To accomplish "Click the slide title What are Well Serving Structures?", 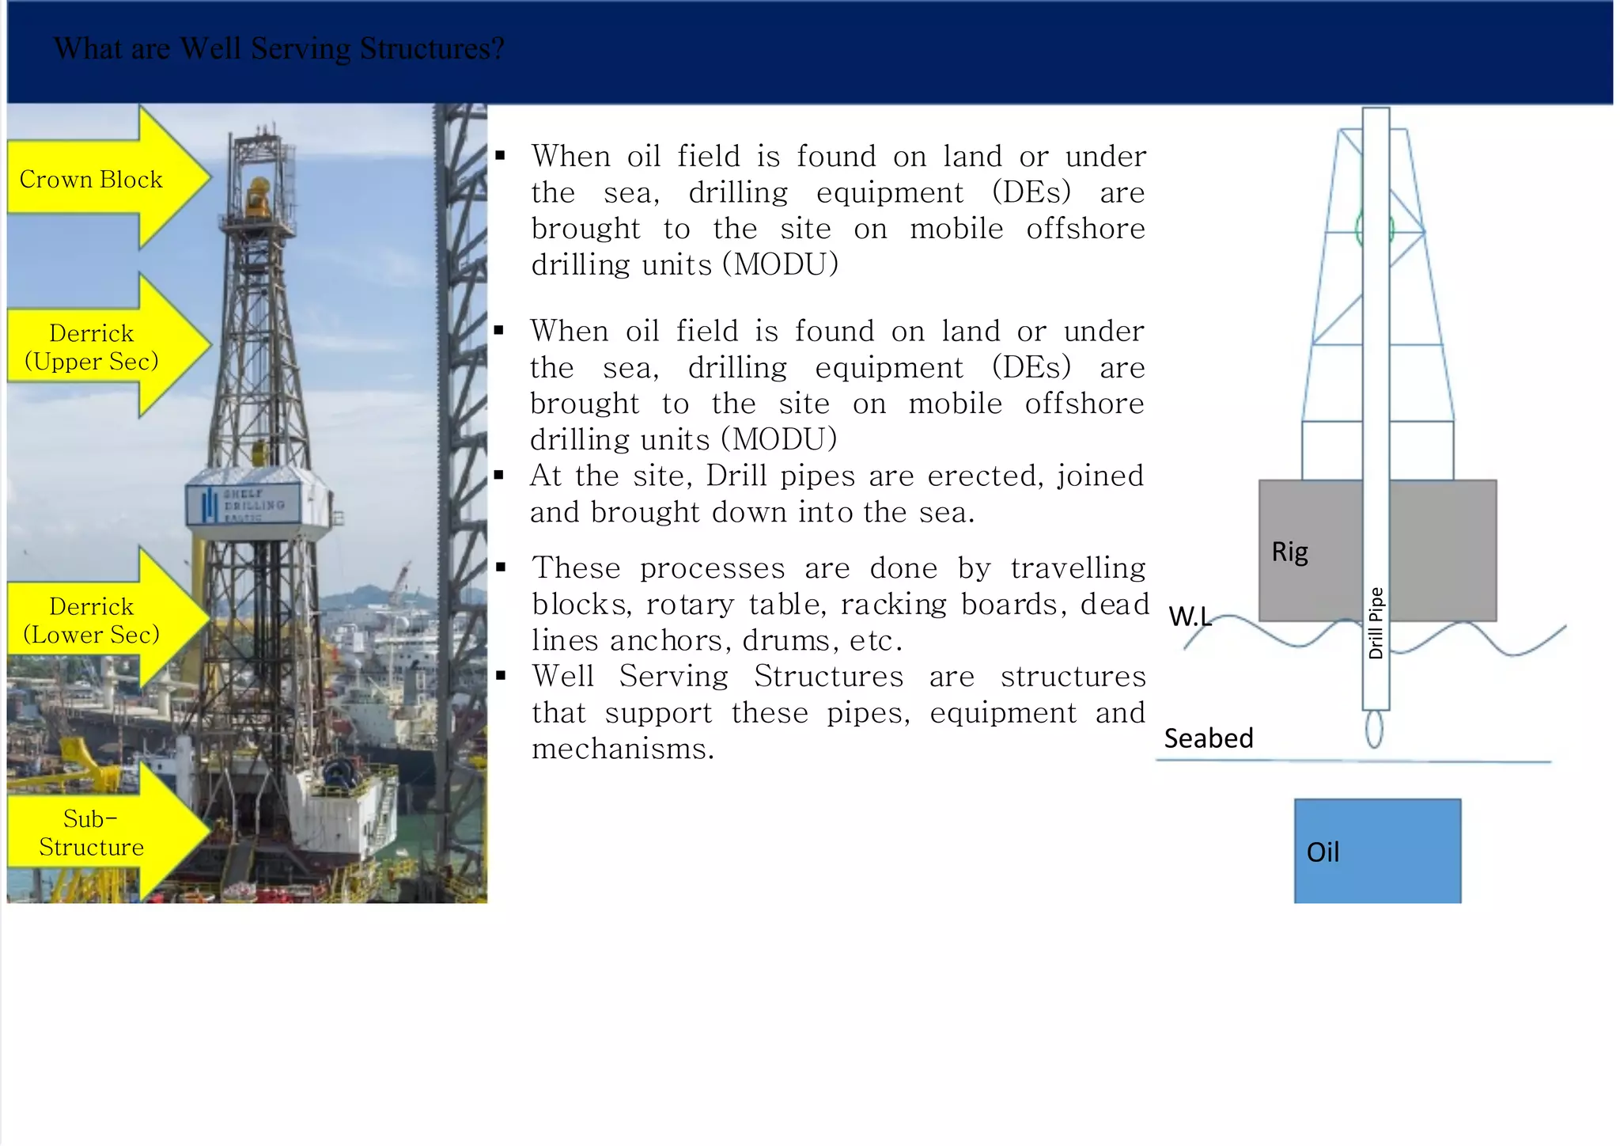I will pos(278,49).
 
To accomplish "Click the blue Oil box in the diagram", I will pos(1377,851).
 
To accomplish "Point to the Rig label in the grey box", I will pos(1289,551).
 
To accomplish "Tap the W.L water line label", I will pos(1189,616).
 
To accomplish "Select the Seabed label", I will pos(1208,738).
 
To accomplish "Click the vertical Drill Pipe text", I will pos(1376,623).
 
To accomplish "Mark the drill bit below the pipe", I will pos(1375,729).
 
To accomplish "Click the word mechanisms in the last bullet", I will pos(623,749).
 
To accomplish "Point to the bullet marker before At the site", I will pos(499,476).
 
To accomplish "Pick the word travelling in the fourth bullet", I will pos(1078,568).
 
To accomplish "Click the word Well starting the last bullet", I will pos(562,677).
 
